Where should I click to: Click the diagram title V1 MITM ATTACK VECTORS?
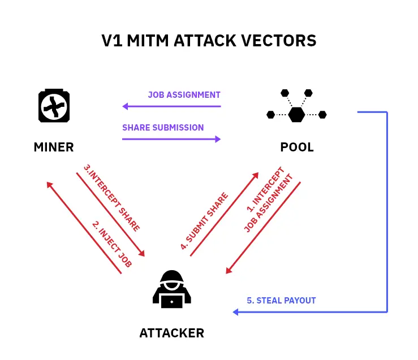tap(209, 41)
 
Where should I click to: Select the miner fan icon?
tap(54, 106)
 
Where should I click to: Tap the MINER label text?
tap(54, 148)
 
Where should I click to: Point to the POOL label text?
tap(297, 148)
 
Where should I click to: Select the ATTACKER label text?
tap(171, 333)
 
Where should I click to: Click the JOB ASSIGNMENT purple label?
tap(184, 95)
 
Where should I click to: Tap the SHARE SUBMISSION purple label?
tap(163, 128)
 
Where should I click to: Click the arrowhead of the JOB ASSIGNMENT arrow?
tap(125, 106)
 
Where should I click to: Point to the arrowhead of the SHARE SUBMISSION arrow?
tap(218, 138)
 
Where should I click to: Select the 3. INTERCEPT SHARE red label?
tap(111, 198)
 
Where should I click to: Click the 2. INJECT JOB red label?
tap(112, 244)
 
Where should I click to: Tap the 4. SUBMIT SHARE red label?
tap(204, 221)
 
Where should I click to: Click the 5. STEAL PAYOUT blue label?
tap(281, 301)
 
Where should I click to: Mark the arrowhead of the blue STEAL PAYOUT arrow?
tap(235, 312)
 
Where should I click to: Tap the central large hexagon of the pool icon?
tap(296, 115)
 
